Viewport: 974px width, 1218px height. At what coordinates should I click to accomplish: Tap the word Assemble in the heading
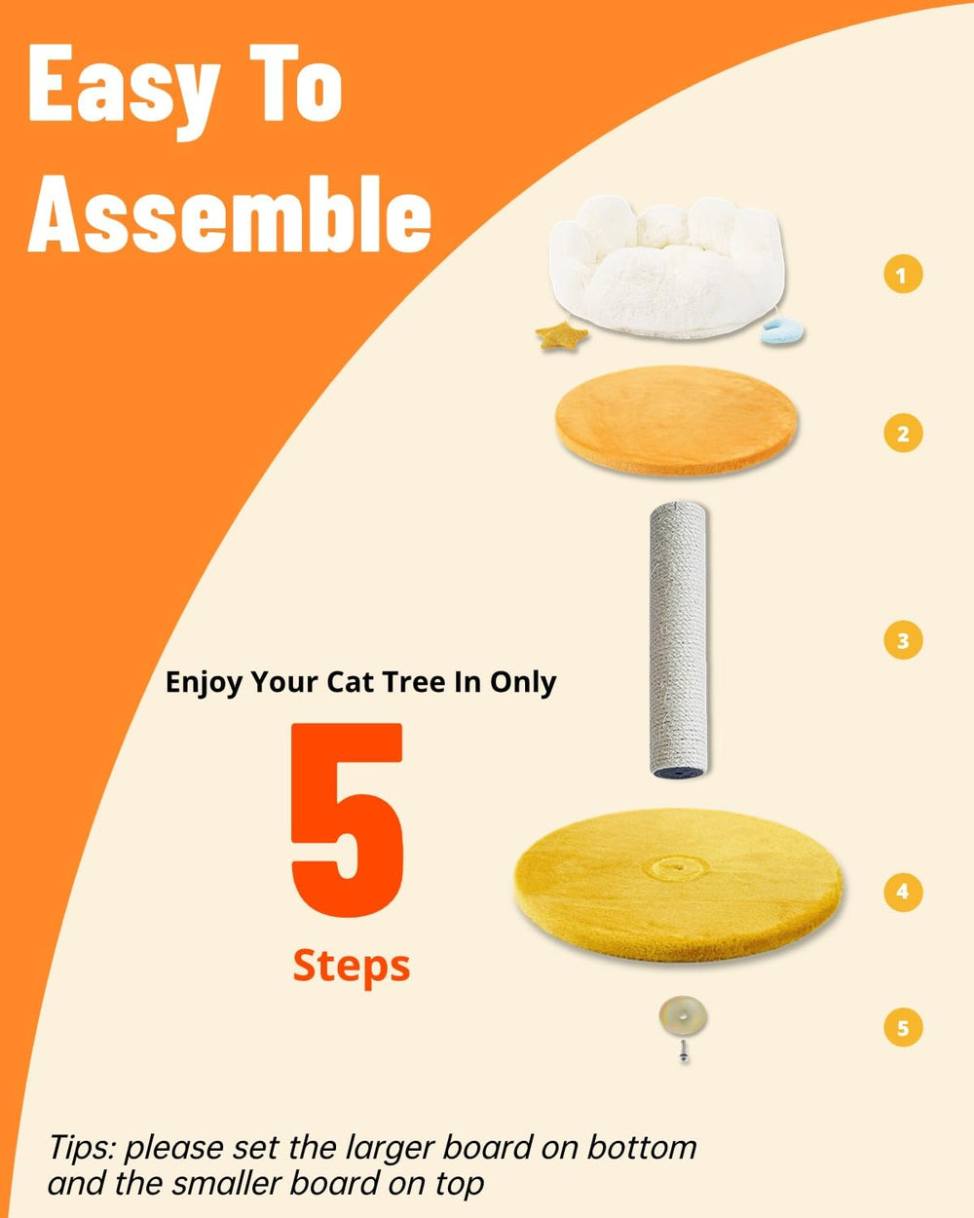(x=230, y=214)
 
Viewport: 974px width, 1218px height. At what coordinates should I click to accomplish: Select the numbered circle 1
(x=903, y=275)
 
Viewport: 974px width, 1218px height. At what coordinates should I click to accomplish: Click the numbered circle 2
(x=903, y=433)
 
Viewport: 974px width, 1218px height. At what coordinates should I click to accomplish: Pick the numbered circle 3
(x=903, y=640)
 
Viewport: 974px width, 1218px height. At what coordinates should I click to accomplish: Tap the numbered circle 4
(x=903, y=892)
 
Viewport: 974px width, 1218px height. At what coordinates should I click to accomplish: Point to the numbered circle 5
(x=903, y=1027)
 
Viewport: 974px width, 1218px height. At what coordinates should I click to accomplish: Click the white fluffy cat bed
(x=668, y=267)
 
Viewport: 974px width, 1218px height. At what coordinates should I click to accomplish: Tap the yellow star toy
(x=561, y=335)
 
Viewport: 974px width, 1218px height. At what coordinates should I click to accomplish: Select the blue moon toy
(x=781, y=333)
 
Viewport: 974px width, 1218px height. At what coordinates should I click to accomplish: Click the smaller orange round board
(x=676, y=420)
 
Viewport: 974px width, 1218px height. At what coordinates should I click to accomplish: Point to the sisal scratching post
(x=679, y=639)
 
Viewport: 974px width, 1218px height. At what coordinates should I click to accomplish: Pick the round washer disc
(x=683, y=1016)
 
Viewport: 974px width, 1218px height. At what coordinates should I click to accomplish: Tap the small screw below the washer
(x=684, y=1051)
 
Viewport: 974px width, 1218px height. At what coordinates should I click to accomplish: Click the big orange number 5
(x=347, y=819)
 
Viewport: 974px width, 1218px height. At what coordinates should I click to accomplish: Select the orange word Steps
(x=352, y=967)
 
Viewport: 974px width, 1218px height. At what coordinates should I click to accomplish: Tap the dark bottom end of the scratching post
(x=679, y=770)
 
